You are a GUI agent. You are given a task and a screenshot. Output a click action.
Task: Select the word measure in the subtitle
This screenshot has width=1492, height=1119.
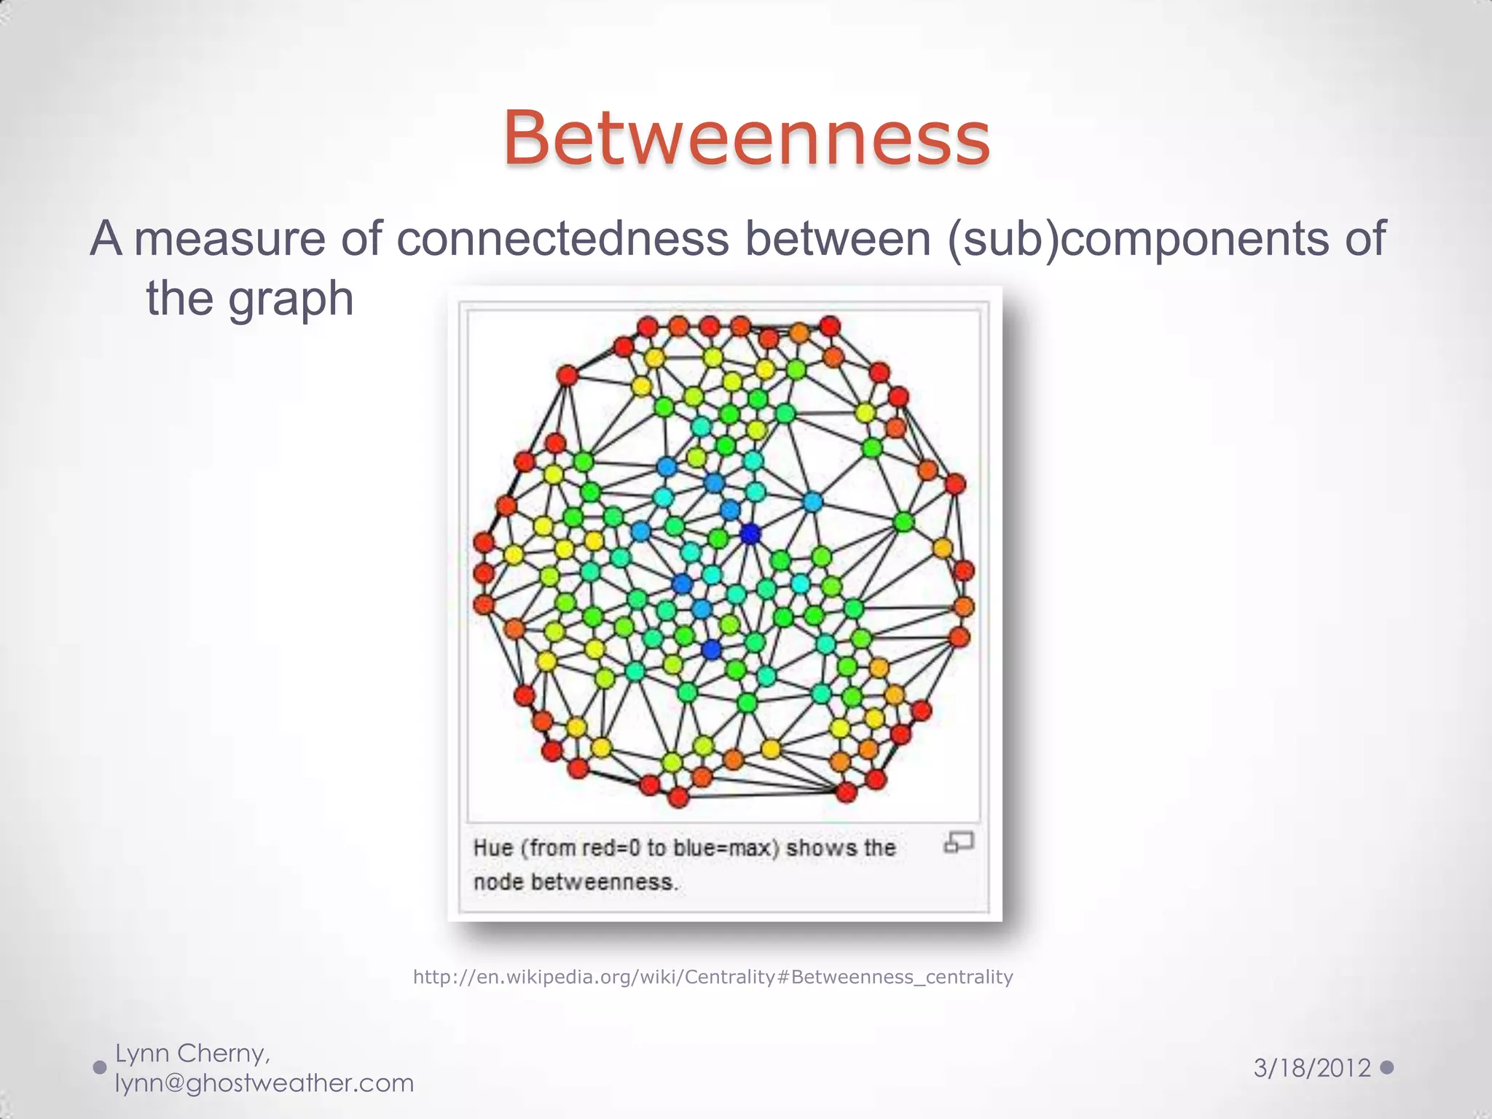pos(229,239)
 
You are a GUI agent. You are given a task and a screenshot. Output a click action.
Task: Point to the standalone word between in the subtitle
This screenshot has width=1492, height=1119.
pos(838,239)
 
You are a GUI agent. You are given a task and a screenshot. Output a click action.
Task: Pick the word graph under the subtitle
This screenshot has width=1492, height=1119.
pos(291,299)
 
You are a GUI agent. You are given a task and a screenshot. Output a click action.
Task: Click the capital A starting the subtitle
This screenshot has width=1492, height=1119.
pos(106,239)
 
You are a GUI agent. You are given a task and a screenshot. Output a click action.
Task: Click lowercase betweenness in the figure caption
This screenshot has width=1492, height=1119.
pos(603,882)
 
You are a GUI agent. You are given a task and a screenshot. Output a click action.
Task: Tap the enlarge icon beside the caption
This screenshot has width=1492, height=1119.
pos(959,843)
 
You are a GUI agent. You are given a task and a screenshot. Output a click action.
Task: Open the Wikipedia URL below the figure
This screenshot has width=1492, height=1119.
pos(712,977)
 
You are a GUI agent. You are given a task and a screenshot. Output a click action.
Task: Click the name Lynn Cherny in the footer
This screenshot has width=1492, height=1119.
pos(193,1053)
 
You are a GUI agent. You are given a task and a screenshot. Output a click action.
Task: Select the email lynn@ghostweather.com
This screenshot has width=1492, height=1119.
pos(264,1083)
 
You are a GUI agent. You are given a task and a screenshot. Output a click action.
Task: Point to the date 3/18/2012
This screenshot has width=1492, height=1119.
pos(1312,1069)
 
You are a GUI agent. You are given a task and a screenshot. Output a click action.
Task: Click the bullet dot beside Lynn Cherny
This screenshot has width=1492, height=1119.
pos(101,1068)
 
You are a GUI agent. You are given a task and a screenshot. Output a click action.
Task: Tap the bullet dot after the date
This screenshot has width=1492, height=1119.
pos(1386,1067)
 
